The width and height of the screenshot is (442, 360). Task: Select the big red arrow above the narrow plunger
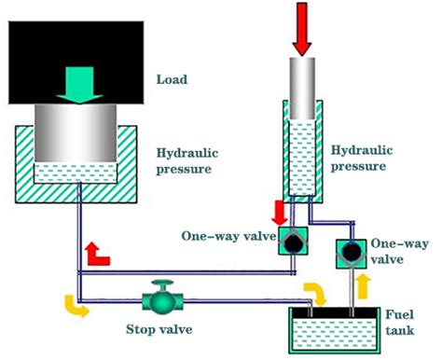(303, 28)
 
